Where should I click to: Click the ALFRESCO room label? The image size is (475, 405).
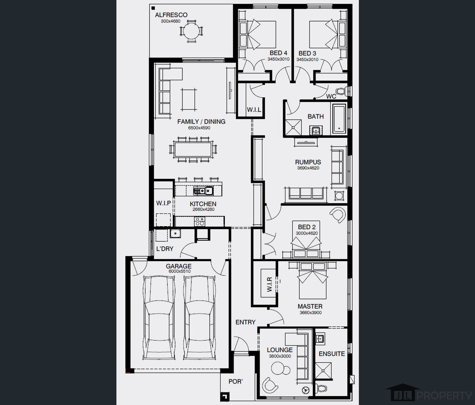(x=171, y=15)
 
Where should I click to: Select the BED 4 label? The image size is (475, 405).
(x=278, y=53)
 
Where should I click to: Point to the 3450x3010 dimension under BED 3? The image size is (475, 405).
(x=307, y=60)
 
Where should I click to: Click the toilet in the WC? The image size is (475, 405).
(x=341, y=91)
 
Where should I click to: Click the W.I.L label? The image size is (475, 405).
(x=254, y=110)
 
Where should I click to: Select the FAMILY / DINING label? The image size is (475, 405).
(x=201, y=122)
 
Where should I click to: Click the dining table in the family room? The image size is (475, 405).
(x=193, y=150)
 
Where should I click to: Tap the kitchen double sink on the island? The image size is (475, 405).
(x=203, y=191)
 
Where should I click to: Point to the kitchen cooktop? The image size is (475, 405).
(x=200, y=221)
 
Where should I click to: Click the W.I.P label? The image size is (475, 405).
(x=163, y=203)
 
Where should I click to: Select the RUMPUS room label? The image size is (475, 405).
(x=308, y=162)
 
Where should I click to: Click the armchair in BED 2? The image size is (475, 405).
(x=338, y=215)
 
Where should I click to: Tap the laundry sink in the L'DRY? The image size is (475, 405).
(x=176, y=233)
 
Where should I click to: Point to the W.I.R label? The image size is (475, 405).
(x=269, y=284)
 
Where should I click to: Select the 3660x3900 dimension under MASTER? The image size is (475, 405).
(x=311, y=313)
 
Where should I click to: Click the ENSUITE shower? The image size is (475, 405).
(x=324, y=371)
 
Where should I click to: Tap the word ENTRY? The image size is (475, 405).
(x=245, y=322)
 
